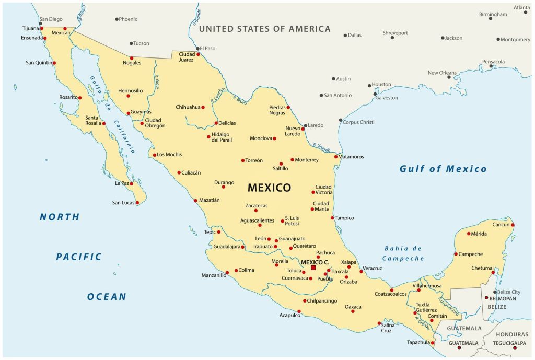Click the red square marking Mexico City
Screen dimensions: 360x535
pyautogui.click(x=313, y=268)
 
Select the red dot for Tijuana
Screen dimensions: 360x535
pyautogui.click(x=42, y=28)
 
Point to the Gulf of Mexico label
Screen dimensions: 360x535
pyautogui.click(x=443, y=169)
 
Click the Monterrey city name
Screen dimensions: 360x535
pyautogui.click(x=307, y=160)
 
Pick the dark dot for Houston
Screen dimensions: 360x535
pyautogui.click(x=369, y=86)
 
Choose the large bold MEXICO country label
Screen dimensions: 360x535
pyautogui.click(x=269, y=188)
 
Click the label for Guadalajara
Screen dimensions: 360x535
pyautogui.click(x=227, y=247)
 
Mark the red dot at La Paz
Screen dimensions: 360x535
pyautogui.click(x=132, y=183)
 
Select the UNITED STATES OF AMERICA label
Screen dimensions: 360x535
pyautogui.click(x=264, y=29)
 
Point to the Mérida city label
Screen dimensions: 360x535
pyautogui.click(x=479, y=234)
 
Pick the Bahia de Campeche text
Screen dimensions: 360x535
pyautogui.click(x=403, y=253)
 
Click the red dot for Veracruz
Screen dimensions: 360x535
pyautogui.click(x=361, y=271)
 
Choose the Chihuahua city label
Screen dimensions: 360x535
pyautogui.click(x=188, y=107)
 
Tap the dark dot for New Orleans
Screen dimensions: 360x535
pyautogui.click(x=449, y=77)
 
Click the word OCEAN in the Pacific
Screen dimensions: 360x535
pyautogui.click(x=107, y=297)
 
